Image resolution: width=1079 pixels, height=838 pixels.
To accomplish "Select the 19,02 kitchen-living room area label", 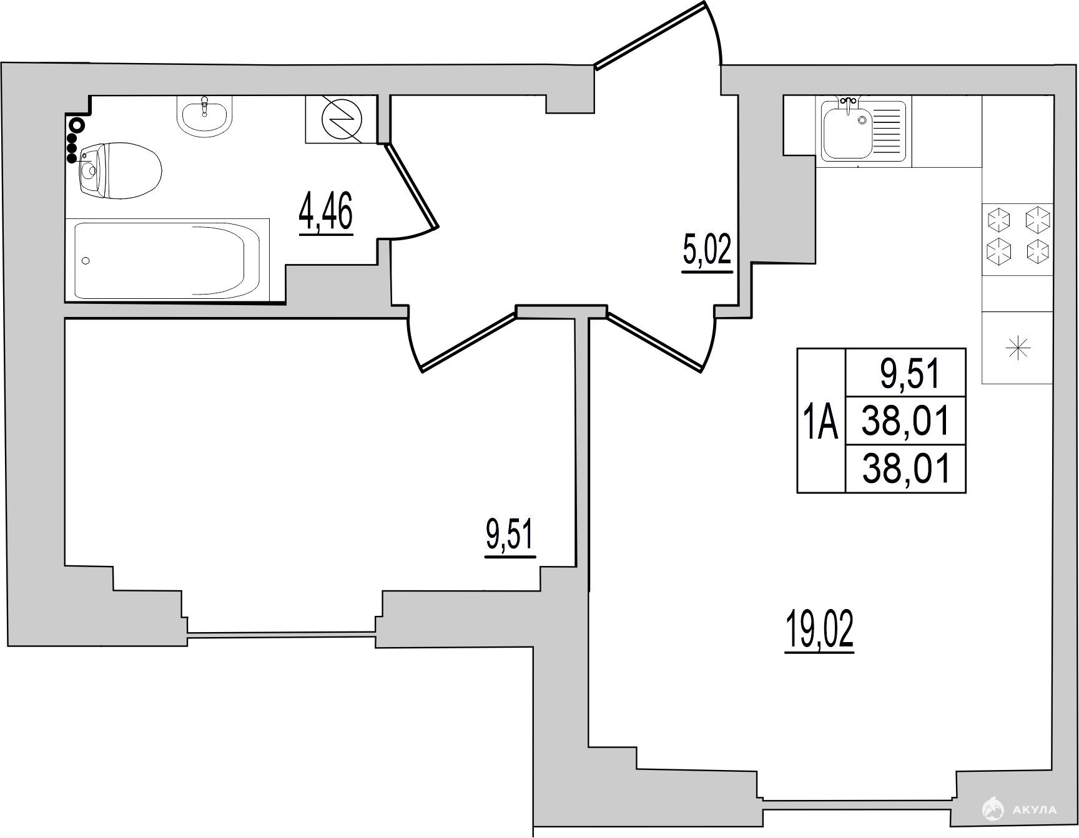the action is point(819,631).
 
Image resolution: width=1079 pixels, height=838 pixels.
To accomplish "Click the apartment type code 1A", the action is point(820,421).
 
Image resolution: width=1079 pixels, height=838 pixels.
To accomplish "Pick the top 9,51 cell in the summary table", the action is point(910,375).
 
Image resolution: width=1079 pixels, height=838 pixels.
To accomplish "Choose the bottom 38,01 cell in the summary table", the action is point(906,469).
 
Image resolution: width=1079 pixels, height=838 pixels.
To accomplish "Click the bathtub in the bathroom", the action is point(167,260).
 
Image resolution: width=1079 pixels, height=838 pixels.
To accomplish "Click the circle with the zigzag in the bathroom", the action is point(341,119).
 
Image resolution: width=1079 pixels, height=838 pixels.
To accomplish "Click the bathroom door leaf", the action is point(411,185).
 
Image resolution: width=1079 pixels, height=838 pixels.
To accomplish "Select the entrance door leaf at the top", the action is point(652,35).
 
